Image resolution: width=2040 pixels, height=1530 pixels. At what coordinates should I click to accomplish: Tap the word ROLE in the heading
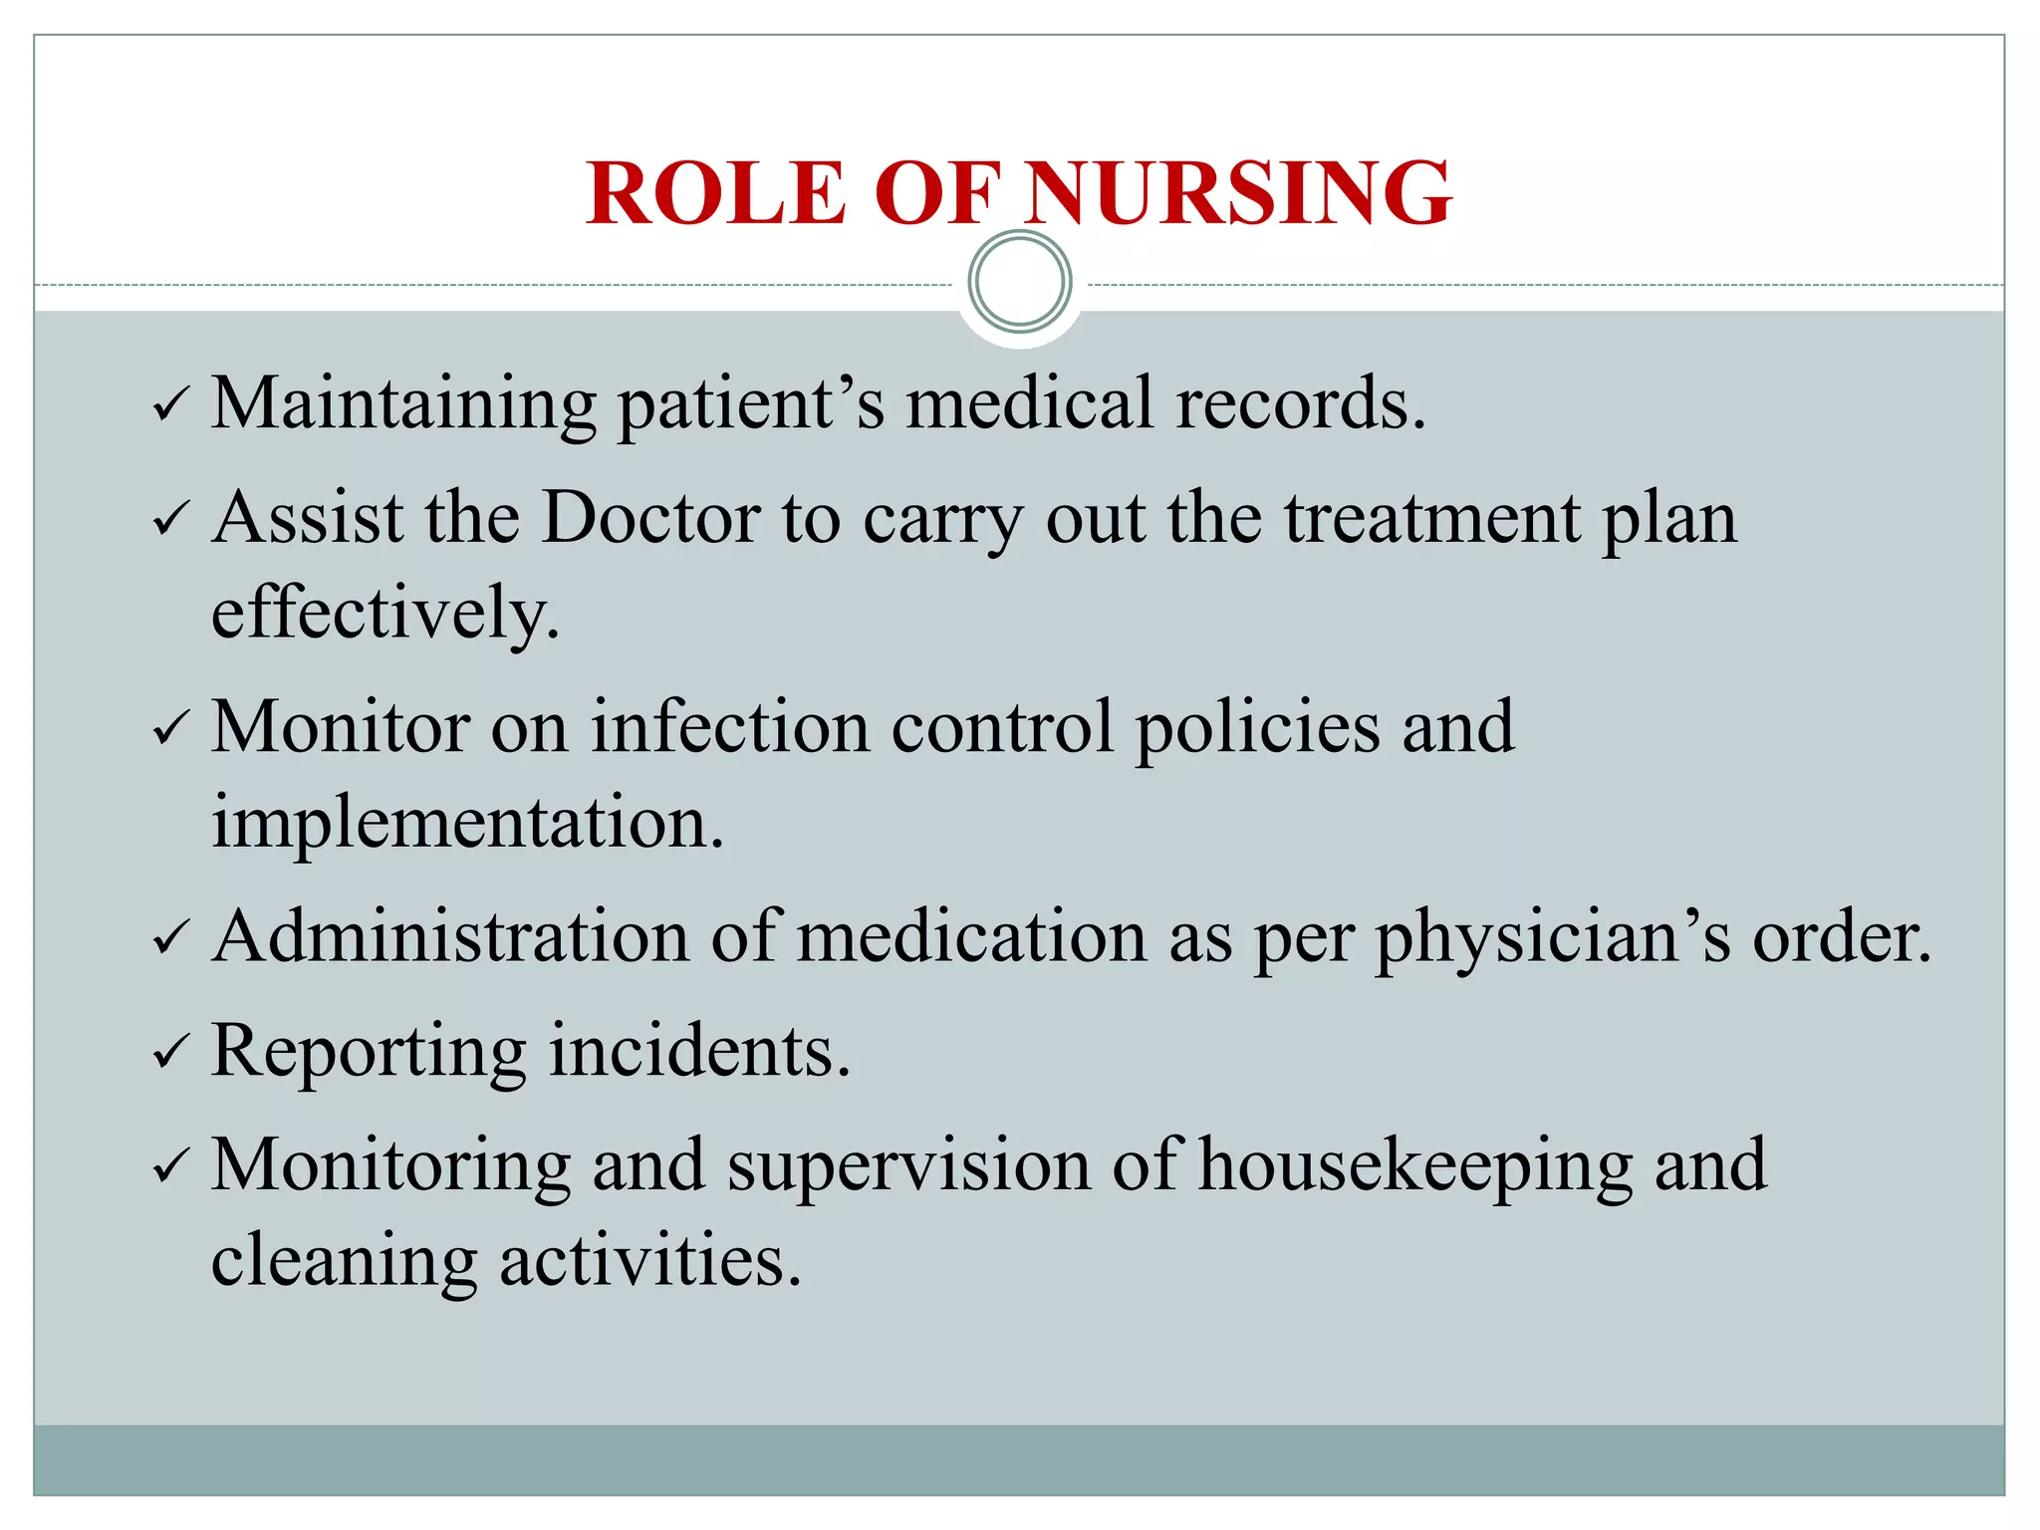pyautogui.click(x=716, y=193)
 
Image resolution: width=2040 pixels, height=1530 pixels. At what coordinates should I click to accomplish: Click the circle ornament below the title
pyautogui.click(x=1019, y=282)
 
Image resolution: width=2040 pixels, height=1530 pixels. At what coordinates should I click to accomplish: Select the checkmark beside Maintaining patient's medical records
pyautogui.click(x=170, y=405)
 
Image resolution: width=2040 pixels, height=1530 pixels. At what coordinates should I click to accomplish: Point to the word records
pyautogui.click(x=1300, y=403)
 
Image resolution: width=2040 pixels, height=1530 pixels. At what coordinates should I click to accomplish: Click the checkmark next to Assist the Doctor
pyautogui.click(x=170, y=519)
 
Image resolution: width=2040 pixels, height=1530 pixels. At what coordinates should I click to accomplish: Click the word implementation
pyautogui.click(x=467, y=823)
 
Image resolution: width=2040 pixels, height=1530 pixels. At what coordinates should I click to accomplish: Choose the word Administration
pyautogui.click(x=450, y=937)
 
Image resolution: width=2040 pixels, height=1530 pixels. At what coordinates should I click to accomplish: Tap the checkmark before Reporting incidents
pyautogui.click(x=170, y=1052)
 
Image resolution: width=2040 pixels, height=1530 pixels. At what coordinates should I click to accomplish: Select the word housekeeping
pyautogui.click(x=1414, y=1165)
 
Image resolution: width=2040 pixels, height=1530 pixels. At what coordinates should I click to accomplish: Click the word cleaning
pyautogui.click(x=344, y=1261)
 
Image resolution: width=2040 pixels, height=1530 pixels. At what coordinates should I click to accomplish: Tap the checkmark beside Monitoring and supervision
pyautogui.click(x=170, y=1166)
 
